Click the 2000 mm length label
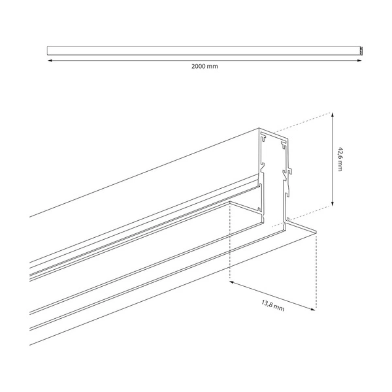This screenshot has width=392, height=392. [x=204, y=67]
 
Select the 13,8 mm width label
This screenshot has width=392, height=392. [x=272, y=304]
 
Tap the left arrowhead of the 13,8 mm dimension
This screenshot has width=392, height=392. [x=233, y=282]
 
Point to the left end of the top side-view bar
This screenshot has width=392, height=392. [x=48, y=50]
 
